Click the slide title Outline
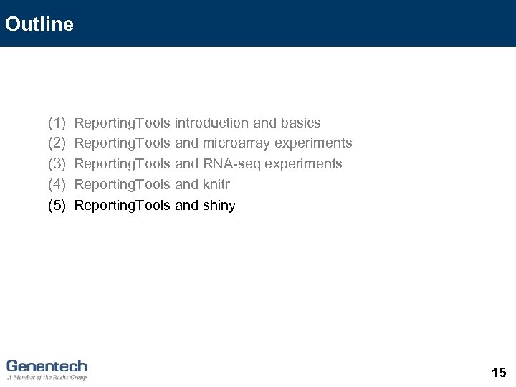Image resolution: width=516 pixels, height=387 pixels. (x=39, y=24)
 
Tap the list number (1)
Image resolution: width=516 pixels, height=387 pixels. (x=57, y=123)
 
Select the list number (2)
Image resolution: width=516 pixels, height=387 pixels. (x=57, y=143)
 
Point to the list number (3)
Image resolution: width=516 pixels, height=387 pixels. (x=57, y=164)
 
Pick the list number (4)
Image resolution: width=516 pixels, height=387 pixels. (x=57, y=185)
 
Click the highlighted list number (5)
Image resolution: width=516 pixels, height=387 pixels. (x=57, y=206)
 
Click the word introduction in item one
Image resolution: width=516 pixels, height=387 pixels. (x=211, y=123)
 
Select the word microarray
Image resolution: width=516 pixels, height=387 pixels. (x=236, y=143)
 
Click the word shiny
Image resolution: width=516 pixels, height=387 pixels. (x=219, y=206)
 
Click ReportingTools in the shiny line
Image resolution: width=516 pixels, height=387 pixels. (x=122, y=206)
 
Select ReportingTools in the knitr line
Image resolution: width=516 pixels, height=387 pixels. (x=122, y=185)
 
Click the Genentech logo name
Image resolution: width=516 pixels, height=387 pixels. (x=47, y=365)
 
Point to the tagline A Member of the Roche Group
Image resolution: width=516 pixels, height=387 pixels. (x=47, y=377)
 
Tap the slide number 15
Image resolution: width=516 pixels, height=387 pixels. (x=499, y=372)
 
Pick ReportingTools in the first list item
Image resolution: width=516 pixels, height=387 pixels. (x=122, y=123)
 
